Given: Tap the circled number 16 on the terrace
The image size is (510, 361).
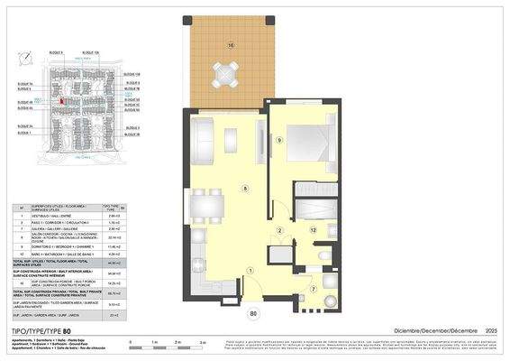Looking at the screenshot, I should tap(231, 44).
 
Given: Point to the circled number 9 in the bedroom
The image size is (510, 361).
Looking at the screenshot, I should tap(280, 141).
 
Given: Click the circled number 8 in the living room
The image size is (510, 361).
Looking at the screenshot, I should tap(244, 188).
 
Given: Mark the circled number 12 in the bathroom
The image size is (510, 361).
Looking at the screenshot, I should tap(313, 230).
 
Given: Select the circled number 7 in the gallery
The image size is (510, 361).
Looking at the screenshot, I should tap(313, 289).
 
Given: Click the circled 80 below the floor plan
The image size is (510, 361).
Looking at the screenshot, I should tap(253, 314).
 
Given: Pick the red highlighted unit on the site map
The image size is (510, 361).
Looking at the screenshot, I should tap(61, 102).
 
